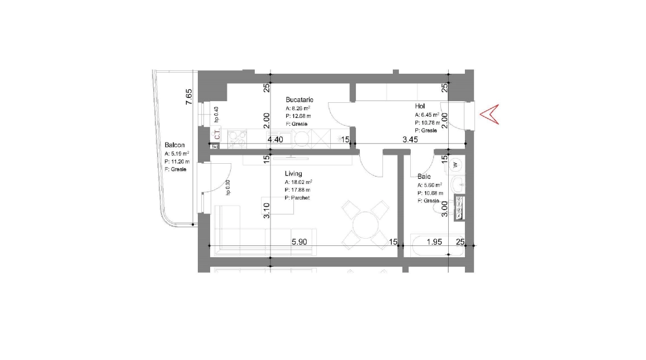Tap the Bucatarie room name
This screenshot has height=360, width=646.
point(300,100)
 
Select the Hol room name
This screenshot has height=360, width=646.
point(420,106)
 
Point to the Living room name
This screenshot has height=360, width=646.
point(293,173)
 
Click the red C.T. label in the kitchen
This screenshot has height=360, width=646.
point(217,135)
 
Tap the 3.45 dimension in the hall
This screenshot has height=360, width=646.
point(411,139)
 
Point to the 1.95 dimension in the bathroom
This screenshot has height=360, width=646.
point(435,242)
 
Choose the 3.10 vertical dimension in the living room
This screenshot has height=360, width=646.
point(267,211)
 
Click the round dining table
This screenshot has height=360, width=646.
point(365,225)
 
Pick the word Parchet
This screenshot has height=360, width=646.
point(300,198)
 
